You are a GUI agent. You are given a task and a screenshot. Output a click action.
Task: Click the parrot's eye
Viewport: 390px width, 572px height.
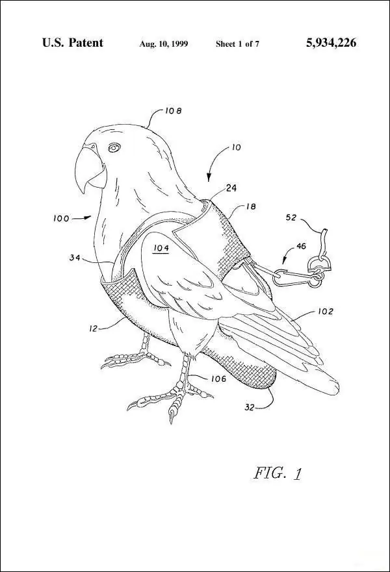(x=114, y=147)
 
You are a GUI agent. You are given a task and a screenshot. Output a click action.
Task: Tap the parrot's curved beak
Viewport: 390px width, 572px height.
(x=87, y=168)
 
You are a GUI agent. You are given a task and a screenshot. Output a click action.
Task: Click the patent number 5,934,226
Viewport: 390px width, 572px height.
(x=331, y=43)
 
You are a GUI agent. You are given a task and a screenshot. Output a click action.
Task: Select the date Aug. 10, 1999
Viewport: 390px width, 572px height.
(x=164, y=44)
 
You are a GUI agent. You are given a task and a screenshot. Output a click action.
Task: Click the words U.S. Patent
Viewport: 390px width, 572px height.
(x=73, y=43)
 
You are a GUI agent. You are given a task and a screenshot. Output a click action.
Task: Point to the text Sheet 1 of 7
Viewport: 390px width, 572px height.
(x=237, y=44)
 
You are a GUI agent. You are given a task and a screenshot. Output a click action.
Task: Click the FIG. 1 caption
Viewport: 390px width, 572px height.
(x=278, y=473)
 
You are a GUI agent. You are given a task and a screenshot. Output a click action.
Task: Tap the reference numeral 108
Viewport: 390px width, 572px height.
(x=173, y=110)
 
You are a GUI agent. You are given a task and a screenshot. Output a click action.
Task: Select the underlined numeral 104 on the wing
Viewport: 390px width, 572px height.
(x=161, y=248)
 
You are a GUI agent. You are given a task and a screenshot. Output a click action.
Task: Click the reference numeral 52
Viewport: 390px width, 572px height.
(x=291, y=219)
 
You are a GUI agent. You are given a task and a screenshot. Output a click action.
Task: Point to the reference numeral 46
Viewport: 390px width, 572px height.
(x=301, y=246)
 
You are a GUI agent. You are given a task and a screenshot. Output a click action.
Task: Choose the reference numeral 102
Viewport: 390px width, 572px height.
(x=326, y=311)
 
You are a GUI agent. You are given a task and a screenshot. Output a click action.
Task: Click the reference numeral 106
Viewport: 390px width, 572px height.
(x=218, y=379)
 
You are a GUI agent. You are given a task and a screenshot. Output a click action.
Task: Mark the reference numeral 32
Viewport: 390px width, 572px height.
(x=249, y=408)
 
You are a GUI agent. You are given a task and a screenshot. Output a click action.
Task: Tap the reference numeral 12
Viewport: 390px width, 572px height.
(x=94, y=329)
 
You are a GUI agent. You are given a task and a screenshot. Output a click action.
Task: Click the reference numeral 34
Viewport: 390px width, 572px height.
(x=75, y=258)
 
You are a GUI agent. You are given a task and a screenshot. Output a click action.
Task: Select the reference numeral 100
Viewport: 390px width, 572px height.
(x=61, y=219)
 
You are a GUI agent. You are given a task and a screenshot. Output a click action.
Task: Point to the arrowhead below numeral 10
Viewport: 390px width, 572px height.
(x=209, y=178)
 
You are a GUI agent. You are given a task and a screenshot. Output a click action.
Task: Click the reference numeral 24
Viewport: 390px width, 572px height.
(x=231, y=188)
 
